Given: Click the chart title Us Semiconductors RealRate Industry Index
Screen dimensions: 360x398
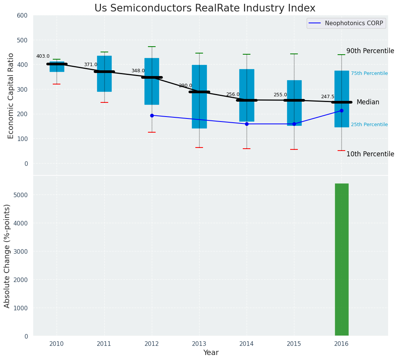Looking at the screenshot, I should (205, 8).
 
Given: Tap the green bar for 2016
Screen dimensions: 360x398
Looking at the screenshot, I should (341, 259).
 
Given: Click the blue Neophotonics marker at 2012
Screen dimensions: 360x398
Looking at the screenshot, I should (152, 115).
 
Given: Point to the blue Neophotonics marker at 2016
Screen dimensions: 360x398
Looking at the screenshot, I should (341, 110).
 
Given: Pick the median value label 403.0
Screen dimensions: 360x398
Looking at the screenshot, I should (43, 56).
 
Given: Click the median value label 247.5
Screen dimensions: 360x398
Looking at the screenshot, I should (328, 97).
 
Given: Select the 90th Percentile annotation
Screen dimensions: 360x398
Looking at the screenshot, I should (370, 51).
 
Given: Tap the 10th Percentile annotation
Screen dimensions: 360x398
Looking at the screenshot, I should (370, 154).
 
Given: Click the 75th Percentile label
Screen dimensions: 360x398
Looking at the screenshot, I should (369, 73).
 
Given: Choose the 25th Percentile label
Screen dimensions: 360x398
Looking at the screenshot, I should (369, 125).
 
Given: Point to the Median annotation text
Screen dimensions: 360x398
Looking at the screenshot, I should (368, 102).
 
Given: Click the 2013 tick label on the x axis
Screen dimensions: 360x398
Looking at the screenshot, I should (199, 344).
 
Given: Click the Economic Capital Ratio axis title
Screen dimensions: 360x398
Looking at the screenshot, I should (11, 96).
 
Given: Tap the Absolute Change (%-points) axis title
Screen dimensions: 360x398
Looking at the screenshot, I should (7, 256).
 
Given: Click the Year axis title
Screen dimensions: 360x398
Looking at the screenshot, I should (211, 353).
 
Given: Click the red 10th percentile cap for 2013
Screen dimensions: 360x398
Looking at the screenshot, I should (199, 148).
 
